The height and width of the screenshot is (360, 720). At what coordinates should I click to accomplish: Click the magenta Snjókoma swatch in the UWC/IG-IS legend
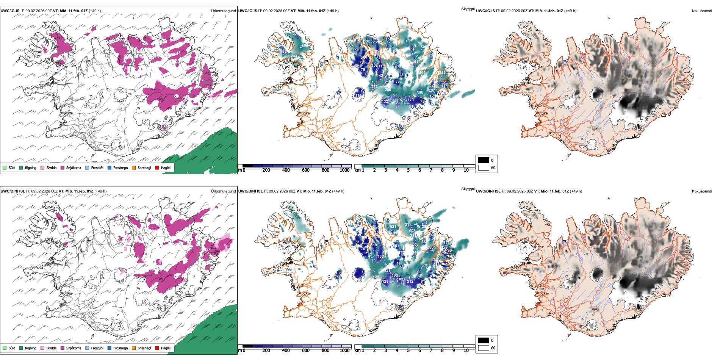(63, 167)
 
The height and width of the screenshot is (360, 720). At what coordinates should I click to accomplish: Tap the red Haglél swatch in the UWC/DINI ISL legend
(157, 348)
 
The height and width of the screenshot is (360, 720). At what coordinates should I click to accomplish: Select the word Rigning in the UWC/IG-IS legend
(31, 167)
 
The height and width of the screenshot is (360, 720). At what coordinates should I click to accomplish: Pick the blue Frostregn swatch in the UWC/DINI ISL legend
(110, 348)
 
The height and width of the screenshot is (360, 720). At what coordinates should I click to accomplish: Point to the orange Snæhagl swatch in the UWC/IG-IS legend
(134, 167)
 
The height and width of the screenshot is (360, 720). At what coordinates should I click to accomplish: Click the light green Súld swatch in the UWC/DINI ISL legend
(5, 348)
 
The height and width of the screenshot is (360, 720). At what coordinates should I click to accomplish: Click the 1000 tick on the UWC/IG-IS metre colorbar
(344, 170)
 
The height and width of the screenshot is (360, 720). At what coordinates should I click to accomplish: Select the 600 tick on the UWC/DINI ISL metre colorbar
(306, 351)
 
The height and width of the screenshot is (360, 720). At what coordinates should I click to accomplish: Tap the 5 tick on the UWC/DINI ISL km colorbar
(408, 351)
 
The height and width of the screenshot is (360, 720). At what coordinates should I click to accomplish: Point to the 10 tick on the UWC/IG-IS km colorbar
(466, 170)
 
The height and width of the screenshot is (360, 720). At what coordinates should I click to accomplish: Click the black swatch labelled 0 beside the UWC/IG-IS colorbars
(484, 160)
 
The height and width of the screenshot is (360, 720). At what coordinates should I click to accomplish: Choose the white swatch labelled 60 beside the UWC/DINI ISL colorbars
(484, 348)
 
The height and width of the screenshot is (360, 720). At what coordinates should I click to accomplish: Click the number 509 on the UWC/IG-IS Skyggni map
(422, 72)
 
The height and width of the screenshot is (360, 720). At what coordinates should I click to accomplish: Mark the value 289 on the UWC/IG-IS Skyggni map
(442, 73)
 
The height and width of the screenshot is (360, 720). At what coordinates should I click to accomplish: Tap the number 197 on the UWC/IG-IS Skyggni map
(400, 100)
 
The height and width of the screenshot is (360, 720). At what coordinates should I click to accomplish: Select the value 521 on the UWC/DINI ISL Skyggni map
(393, 227)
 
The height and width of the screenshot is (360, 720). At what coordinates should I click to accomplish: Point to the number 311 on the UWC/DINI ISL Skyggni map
(408, 225)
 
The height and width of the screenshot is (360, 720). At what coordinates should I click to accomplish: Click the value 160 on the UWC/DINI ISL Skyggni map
(395, 275)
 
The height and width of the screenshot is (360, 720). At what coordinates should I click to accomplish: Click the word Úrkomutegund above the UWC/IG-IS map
(223, 11)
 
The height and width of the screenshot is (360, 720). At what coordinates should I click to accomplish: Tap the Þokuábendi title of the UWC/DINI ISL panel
(702, 191)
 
